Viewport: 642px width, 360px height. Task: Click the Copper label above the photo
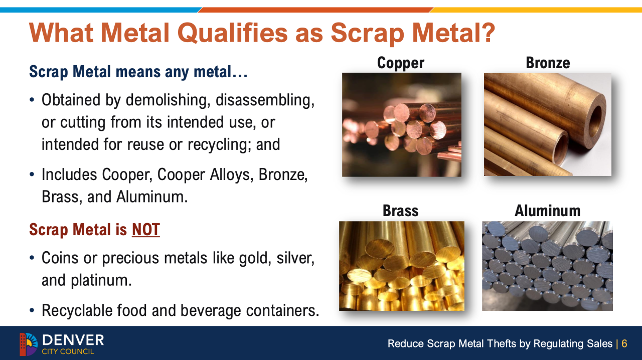[400, 63]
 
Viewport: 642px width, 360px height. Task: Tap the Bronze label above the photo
[548, 63]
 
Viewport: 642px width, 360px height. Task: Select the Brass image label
[400, 211]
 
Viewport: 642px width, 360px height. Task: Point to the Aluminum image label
[547, 211]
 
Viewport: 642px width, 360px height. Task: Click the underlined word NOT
[146, 230]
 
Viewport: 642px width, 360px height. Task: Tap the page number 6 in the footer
[624, 343]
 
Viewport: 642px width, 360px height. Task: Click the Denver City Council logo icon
[29, 344]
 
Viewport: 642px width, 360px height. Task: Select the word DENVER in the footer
[73, 340]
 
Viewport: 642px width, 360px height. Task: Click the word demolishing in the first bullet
[166, 100]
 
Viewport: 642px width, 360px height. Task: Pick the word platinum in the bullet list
[101, 281]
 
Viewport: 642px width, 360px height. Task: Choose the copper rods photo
[402, 125]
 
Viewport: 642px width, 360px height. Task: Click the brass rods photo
[402, 266]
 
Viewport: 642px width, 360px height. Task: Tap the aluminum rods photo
[547, 266]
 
